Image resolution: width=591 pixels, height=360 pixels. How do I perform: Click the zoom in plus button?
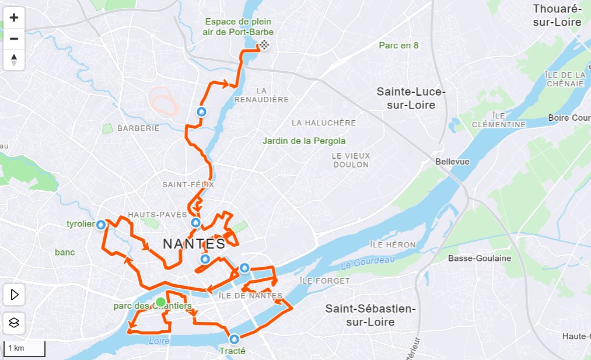coord(14,18)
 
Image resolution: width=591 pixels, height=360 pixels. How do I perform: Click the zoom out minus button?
coord(14,39)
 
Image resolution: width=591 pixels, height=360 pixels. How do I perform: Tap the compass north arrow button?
coord(14,60)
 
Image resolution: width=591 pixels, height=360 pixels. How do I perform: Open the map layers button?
coord(14,322)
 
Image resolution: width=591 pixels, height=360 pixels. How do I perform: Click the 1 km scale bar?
coord(24,348)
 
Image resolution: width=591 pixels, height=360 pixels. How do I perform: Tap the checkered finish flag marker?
coord(264,46)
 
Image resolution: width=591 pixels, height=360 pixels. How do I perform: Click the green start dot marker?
coord(160,302)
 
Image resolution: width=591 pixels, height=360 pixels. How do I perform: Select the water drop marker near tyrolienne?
coord(102,224)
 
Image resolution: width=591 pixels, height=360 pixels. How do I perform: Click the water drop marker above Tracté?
coord(234,338)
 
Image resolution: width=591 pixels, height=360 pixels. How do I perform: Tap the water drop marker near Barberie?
coord(201,111)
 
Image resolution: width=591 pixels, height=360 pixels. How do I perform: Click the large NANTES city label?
coord(194,244)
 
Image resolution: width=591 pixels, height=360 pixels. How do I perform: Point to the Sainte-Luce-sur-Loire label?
coord(411,99)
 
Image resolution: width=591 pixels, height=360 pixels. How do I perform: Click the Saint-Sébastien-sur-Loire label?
coord(370,315)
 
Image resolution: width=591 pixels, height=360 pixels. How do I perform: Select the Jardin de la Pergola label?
coord(304,141)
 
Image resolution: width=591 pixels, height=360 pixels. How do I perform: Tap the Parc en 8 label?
coord(398,45)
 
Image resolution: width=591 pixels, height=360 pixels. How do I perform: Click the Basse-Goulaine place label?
coord(479,258)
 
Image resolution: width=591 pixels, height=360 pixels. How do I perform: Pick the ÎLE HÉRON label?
coord(393,244)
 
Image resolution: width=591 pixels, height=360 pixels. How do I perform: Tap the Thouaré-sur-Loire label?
coord(557,15)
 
